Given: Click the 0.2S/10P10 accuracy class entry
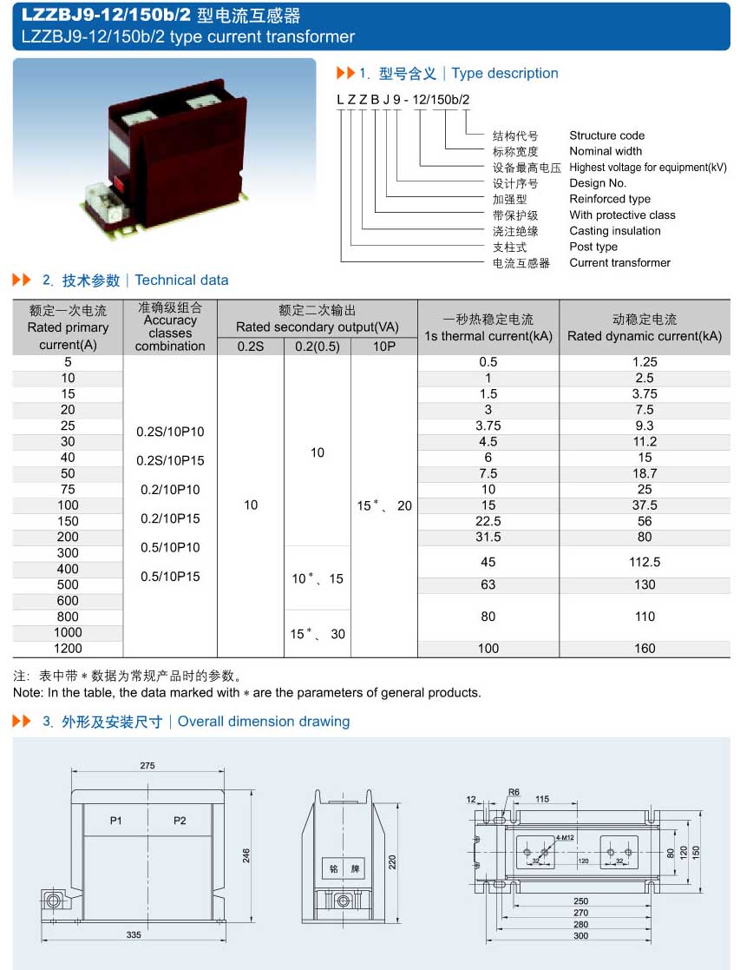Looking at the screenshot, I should [170, 432].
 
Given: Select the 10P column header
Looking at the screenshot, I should [384, 346].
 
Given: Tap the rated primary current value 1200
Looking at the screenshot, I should [68, 648].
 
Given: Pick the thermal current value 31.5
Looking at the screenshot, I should [488, 537].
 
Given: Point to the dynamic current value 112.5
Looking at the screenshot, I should [645, 562].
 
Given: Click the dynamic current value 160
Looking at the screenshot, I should [645, 648].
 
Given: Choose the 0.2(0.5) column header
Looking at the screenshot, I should [318, 346].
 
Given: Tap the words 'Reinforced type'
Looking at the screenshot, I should [610, 199].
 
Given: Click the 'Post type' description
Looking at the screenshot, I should [593, 247].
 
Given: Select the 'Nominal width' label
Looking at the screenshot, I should [606, 151].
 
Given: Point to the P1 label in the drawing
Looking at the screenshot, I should [116, 821].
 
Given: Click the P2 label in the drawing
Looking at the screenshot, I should [180, 821].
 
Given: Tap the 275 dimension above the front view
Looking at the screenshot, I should [147, 765].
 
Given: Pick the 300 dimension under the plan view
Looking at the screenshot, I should [580, 935].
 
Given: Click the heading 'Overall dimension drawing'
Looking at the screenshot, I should [264, 722].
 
